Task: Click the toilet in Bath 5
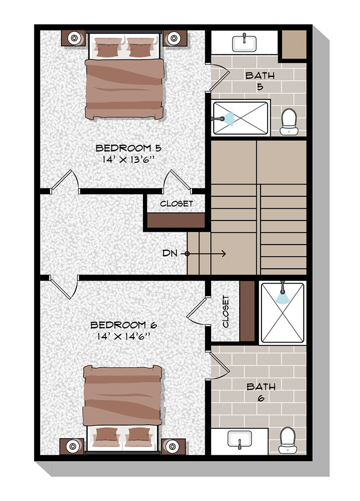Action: (288, 121)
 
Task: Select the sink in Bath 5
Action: (244, 42)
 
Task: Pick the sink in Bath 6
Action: (239, 438)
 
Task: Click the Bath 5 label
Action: (260, 81)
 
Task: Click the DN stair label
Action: (169, 253)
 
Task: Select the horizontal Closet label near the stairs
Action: (176, 203)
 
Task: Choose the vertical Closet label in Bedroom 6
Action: (226, 312)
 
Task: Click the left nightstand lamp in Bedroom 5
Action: (74, 37)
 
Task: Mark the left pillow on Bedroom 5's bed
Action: (108, 48)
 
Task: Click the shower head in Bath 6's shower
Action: (282, 297)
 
